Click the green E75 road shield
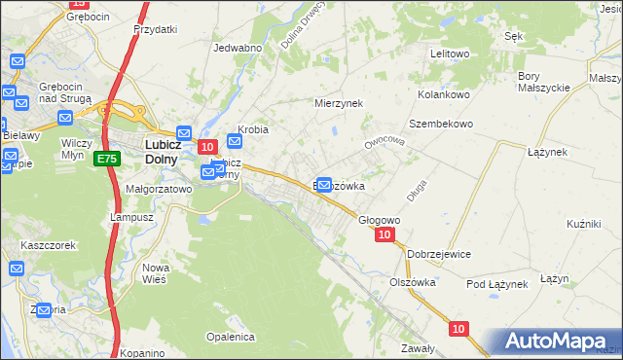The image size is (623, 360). (x=107, y=159)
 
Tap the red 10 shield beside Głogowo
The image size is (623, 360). (x=385, y=234)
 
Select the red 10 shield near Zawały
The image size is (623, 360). (x=458, y=329)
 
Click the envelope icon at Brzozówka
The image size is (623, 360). (x=325, y=184)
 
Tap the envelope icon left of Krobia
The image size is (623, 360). (x=234, y=140)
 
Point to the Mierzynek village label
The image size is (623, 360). (x=338, y=102)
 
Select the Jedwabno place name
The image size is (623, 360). (x=238, y=48)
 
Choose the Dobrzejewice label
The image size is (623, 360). (x=439, y=254)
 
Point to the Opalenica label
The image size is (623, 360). (x=230, y=337)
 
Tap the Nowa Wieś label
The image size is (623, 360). (x=156, y=272)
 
